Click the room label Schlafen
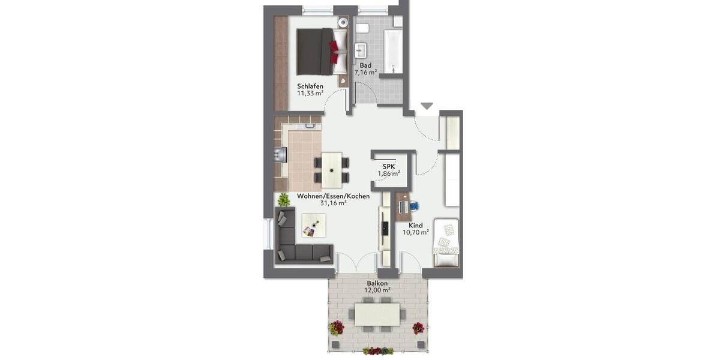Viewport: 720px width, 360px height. click(x=310, y=86)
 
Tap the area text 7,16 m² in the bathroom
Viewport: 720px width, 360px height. click(x=365, y=72)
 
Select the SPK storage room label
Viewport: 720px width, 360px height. click(x=389, y=166)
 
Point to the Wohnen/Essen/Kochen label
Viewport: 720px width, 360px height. click(x=333, y=196)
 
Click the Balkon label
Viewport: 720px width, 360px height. click(x=377, y=283)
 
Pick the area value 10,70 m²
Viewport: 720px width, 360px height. click(x=415, y=232)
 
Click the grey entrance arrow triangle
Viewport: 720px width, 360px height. click(x=427, y=106)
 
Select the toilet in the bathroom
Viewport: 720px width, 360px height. click(x=362, y=28)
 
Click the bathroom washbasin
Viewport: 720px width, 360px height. click(x=361, y=50)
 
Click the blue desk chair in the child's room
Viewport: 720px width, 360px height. click(x=414, y=206)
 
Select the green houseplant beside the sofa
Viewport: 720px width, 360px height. click(x=283, y=199)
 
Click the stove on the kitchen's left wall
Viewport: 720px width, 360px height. click(x=278, y=155)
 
